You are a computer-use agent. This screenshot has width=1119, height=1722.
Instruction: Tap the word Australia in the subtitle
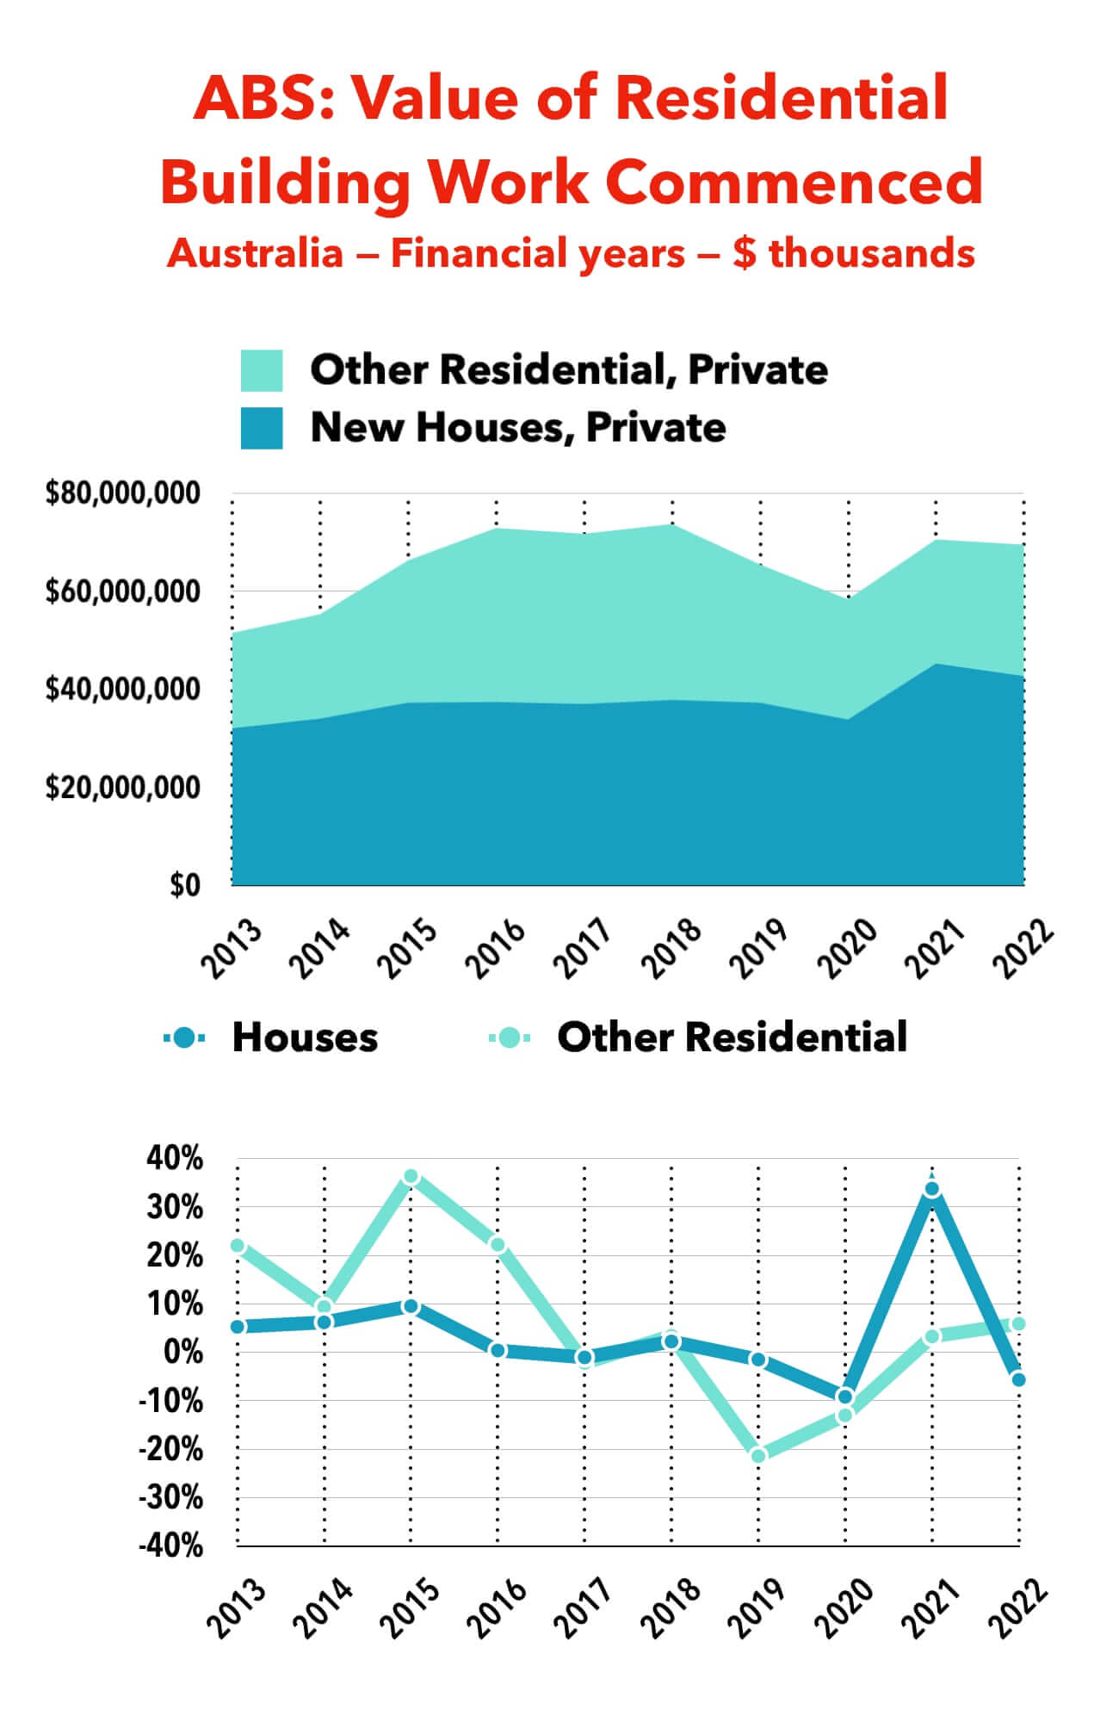(256, 254)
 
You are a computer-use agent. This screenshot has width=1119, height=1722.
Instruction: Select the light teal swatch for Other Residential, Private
(262, 370)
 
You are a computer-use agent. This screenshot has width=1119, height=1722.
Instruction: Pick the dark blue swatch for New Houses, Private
(262, 428)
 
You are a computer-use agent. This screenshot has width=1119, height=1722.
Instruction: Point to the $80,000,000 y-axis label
(122, 495)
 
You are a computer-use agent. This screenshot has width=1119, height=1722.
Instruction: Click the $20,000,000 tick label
(122, 788)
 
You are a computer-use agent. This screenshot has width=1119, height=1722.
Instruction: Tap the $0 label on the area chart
(184, 886)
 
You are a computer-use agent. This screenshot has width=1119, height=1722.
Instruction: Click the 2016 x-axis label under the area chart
(498, 948)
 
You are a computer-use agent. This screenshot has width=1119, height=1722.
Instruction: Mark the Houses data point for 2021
(932, 1189)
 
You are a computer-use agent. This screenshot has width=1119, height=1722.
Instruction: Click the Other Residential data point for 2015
(411, 1176)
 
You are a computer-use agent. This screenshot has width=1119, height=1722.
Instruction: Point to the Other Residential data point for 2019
(758, 1456)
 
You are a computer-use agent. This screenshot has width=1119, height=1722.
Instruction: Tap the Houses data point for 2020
(845, 1397)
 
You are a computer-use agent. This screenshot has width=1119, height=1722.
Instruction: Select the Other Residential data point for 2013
(238, 1246)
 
